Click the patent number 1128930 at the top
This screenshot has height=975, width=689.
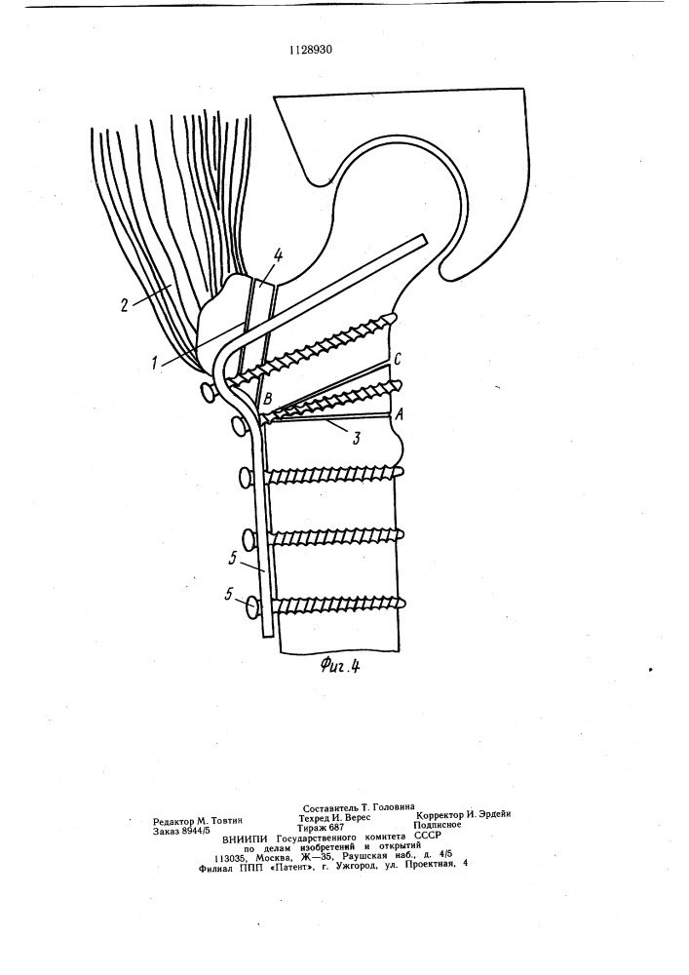tap(311, 51)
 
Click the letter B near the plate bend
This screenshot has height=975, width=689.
tap(268, 397)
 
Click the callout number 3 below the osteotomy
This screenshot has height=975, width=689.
tap(356, 437)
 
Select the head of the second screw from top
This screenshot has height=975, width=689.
tap(239, 426)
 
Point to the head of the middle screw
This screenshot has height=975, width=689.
tap(245, 478)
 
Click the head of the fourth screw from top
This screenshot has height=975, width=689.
tap(249, 537)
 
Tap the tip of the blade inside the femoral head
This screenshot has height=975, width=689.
tap(425, 239)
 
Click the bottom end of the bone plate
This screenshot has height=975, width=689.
tap(267, 635)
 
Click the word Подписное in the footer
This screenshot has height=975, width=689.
tap(439, 825)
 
